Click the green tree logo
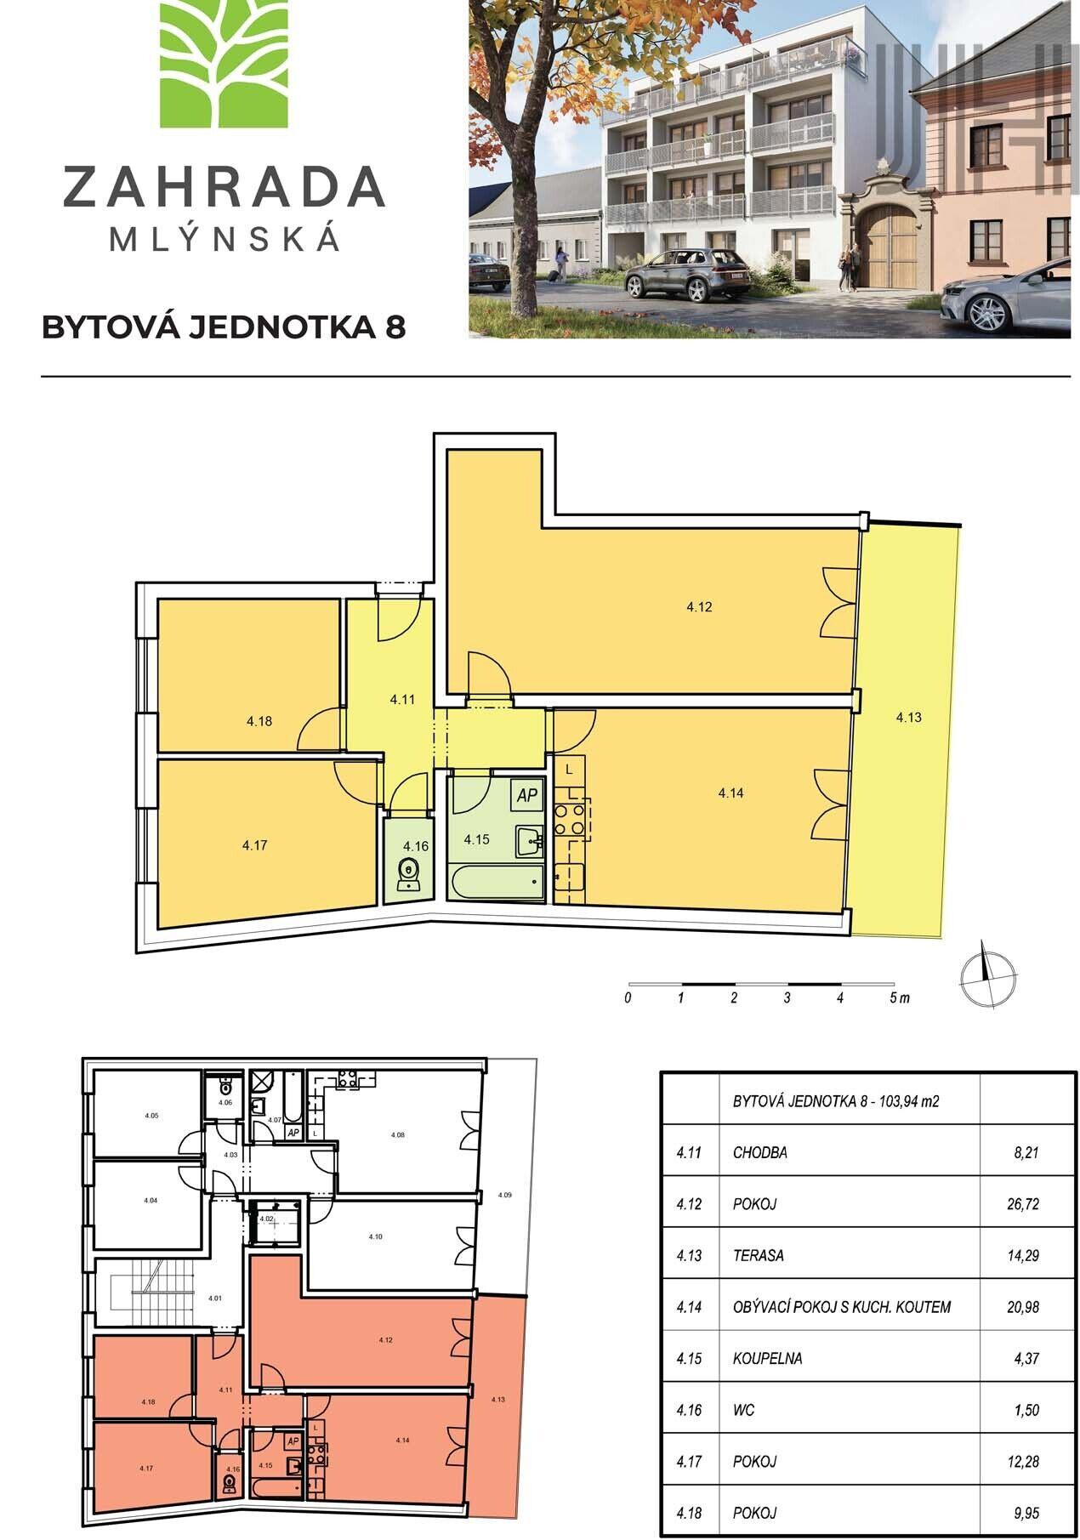(x=224, y=64)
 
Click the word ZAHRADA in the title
(x=224, y=187)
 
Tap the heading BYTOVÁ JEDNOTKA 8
(x=224, y=327)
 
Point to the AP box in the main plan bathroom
(x=527, y=796)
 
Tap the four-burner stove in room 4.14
(x=570, y=819)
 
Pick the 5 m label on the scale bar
(x=899, y=998)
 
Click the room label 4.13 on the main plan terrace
(x=908, y=717)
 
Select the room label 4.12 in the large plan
(x=699, y=607)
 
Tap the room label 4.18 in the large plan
(x=259, y=721)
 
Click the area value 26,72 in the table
(x=1022, y=1204)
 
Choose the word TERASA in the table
(x=759, y=1255)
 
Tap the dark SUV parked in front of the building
(x=686, y=274)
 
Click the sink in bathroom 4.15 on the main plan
(x=529, y=842)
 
